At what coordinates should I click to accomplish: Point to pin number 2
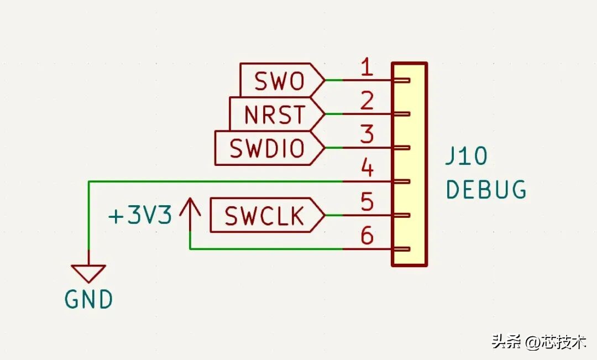click(366, 101)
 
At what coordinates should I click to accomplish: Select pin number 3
click(366, 134)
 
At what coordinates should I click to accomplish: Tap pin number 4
click(366, 168)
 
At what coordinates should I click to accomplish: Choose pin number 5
click(366, 201)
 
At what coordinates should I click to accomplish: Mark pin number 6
click(366, 235)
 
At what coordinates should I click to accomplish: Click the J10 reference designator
click(467, 156)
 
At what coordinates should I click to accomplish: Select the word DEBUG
click(486, 189)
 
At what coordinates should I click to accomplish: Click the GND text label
click(88, 299)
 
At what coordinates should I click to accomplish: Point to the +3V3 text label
click(140, 215)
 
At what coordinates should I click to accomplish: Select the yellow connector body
click(410, 164)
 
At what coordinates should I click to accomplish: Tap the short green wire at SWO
click(334, 80)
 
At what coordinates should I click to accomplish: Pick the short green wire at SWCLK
click(334, 215)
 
